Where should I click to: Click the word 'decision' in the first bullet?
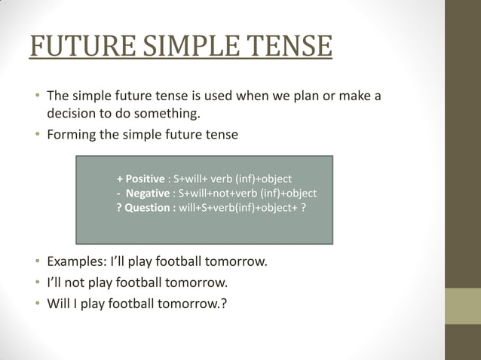74,114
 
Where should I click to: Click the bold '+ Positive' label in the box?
140,179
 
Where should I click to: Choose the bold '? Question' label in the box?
146,208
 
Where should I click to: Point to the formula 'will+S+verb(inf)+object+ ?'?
242,208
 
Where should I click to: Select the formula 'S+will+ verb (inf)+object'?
232,179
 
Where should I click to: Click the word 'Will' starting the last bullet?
59,304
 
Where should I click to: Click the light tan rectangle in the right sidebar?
463,306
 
